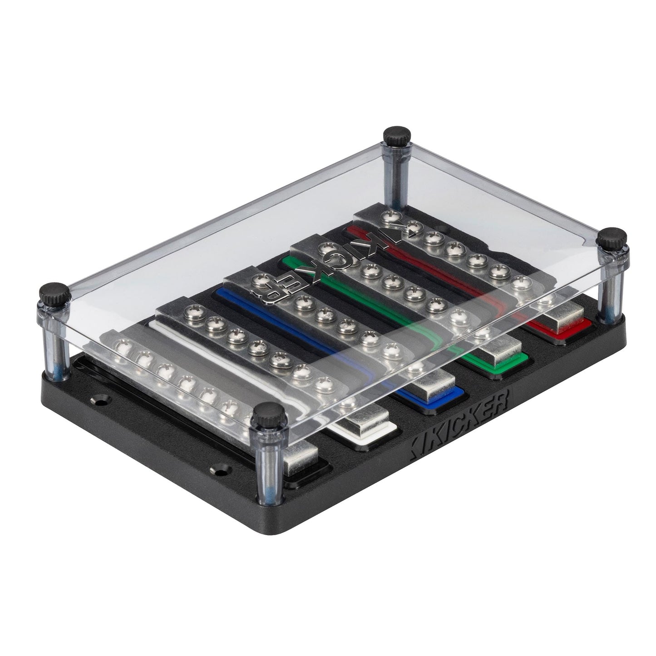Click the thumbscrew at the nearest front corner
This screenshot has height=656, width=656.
[x=268, y=413]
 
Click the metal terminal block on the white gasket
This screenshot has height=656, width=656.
[x=365, y=420]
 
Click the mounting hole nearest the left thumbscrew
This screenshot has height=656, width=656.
[x=99, y=400]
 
